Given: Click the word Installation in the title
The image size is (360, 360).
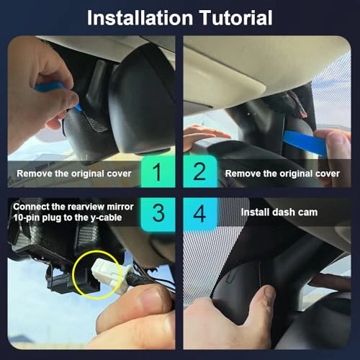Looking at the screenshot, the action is pos(140,18).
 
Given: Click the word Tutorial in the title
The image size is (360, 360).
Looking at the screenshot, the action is pos(236,18).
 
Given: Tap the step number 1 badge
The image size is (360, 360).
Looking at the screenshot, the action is pos(158,171).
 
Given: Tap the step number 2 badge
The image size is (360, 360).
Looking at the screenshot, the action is pos(200,171).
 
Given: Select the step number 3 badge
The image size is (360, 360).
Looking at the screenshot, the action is pos(158,213).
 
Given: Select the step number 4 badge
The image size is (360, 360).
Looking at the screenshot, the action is pos(200,213).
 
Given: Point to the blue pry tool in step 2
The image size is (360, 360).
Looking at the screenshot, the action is pos(305,143).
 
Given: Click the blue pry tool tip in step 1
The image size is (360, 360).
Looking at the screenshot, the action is pos(78,107).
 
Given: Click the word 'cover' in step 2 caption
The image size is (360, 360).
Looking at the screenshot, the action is pos(328,174).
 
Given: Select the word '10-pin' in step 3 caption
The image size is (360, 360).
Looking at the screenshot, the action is pos(27,218).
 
